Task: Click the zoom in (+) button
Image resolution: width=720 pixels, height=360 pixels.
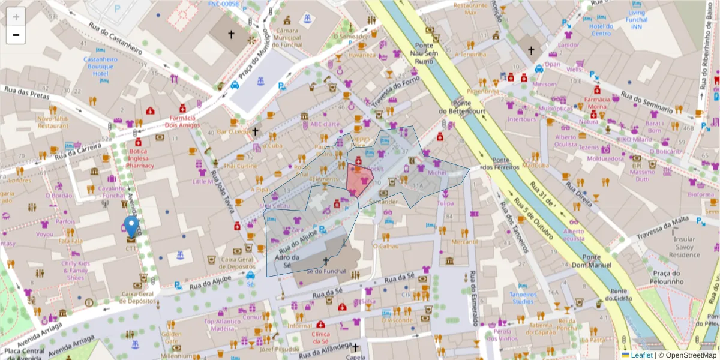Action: click(x=16, y=17)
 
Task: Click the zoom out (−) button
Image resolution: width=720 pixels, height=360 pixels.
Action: click(x=16, y=35)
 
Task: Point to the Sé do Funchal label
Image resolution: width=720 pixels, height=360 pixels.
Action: click(x=326, y=271)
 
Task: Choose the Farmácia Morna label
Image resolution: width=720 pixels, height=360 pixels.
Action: click(x=597, y=103)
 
